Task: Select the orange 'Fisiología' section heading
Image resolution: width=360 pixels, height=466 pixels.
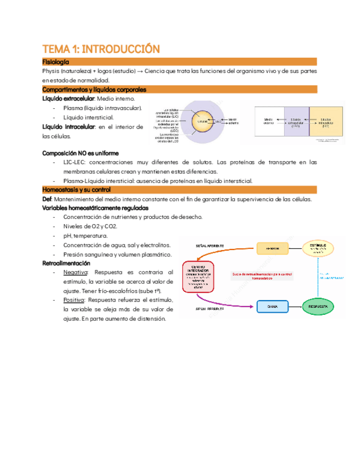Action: pyautogui.click(x=56, y=62)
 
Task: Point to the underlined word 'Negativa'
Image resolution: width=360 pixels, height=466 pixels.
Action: pyautogui.click(x=75, y=272)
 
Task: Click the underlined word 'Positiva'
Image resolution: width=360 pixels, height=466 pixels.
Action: pyautogui.click(x=74, y=299)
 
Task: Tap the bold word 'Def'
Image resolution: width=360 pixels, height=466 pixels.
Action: pyautogui.click(x=47, y=199)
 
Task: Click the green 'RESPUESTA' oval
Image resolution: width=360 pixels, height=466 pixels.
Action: pyautogui.click(x=319, y=306)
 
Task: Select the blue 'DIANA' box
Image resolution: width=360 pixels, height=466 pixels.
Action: pyautogui.click(x=273, y=306)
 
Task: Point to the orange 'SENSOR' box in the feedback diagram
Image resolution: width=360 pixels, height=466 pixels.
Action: pyautogui.click(x=273, y=248)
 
